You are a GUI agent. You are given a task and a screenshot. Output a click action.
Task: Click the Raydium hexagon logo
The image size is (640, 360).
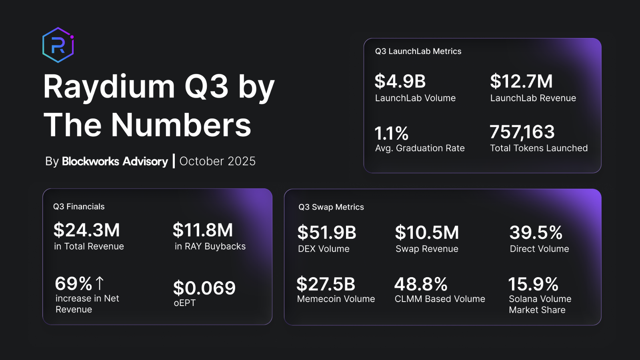click(x=58, y=45)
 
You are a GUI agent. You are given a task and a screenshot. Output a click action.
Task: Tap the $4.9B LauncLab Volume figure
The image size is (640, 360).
click(x=400, y=82)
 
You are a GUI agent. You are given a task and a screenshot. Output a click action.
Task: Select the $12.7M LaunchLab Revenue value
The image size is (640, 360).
click(x=521, y=82)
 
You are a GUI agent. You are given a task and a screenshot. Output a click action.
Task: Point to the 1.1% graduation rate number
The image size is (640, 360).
click(x=391, y=133)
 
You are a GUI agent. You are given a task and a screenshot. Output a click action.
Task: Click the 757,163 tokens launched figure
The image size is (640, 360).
click(x=522, y=132)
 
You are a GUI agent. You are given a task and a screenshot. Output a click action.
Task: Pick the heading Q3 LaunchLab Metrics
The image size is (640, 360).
click(x=418, y=51)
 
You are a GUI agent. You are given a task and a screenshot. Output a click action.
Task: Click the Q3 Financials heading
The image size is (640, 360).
click(x=79, y=206)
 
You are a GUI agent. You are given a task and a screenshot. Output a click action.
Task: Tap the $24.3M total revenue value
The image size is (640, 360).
click(x=87, y=230)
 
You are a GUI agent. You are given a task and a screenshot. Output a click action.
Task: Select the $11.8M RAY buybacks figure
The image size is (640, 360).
click(x=203, y=230)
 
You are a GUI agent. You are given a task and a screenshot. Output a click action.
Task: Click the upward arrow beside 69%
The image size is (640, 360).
click(x=100, y=283)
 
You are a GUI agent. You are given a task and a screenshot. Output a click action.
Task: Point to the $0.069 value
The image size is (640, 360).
click(x=204, y=288)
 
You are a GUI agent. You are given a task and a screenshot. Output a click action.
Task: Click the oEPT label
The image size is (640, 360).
click(x=184, y=303)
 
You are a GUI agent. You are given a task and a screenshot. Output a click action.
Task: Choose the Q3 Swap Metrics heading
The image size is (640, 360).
click(x=331, y=207)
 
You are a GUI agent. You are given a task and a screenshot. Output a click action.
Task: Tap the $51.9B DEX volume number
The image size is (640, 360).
click(x=327, y=233)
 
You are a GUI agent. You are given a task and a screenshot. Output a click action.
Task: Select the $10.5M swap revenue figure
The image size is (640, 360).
click(x=427, y=233)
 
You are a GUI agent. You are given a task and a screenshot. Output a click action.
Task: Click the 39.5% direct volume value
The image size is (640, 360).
click(x=536, y=233)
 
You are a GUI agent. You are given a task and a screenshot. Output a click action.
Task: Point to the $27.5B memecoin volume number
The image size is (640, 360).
click(x=326, y=284)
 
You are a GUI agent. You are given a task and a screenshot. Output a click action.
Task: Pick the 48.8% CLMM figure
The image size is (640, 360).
click(x=421, y=284)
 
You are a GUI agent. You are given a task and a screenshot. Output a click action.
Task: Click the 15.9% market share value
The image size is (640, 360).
click(x=533, y=284)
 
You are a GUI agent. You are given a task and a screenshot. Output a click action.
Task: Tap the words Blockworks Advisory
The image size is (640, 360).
click(x=115, y=161)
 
